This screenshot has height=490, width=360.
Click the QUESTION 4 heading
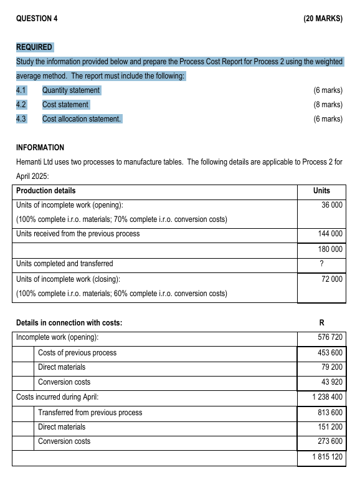(37, 19)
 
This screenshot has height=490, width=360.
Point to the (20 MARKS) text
(323, 19)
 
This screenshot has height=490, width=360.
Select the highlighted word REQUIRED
(34, 47)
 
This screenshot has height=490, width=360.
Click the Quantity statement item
(71, 90)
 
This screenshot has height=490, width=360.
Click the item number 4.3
(22, 118)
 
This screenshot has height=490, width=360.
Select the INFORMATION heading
(40, 148)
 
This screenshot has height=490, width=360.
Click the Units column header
(321, 191)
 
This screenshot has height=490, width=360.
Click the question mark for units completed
(321, 264)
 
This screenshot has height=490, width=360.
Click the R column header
(321, 323)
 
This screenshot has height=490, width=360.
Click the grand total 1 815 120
(328, 458)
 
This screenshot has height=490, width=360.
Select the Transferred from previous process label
(90, 413)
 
